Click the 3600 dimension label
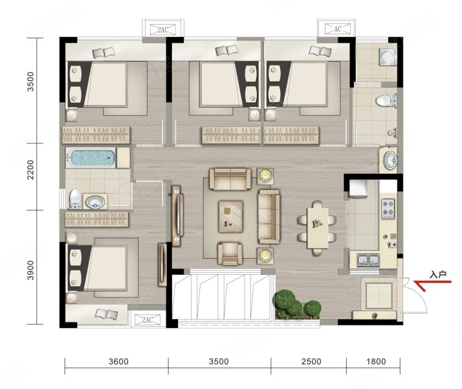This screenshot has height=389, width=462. pos(118,362)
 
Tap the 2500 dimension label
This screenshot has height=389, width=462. pos(311,362)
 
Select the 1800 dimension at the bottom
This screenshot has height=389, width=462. pos(376,362)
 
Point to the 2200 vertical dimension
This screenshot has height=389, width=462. pos(30,170)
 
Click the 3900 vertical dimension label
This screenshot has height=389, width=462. pos(30,270)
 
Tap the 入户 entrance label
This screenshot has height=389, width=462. pos(438,275)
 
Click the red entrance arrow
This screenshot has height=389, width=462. pos(432,284)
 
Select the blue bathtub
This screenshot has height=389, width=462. pos(90,158)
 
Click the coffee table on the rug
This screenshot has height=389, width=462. pos(231,217)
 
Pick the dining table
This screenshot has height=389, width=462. pos(317,228)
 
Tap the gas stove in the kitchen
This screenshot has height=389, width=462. pos(388,209)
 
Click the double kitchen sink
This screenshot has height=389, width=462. pos(368,260)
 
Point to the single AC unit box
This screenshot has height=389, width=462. pos(338,29)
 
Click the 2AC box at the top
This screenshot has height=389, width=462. pos(162,30)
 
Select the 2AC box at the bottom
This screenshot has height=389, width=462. pos(147,320)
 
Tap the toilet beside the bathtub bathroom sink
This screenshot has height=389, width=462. pos(75,199)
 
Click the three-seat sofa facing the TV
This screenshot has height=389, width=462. pos(269,217)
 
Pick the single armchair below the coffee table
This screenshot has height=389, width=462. pos(230,253)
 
